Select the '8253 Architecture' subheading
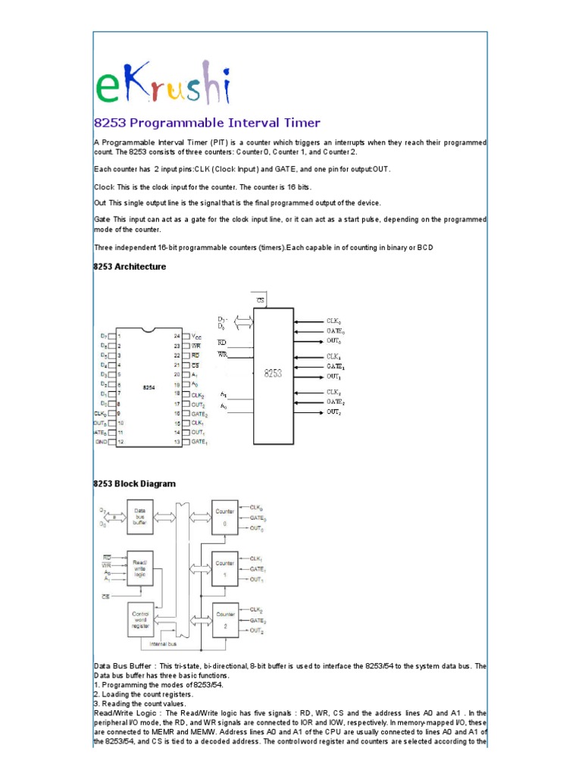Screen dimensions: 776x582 pos(130,267)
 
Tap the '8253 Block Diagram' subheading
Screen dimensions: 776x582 pos(134,483)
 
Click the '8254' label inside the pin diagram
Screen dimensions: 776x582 pos(149,388)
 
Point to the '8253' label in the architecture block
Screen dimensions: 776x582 pos(273,373)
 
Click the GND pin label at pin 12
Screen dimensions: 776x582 pos(100,441)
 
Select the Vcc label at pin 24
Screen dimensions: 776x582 pos(197,336)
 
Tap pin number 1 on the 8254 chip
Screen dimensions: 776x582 pos(120,336)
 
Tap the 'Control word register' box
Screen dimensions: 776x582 pos(140,620)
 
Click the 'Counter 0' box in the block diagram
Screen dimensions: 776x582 pos(225,517)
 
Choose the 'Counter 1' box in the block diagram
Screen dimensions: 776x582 pos(225,568)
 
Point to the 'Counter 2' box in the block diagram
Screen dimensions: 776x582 pos(225,620)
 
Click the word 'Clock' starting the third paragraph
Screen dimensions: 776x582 pos(104,186)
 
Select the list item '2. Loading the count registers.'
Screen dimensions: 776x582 pos(144,694)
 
